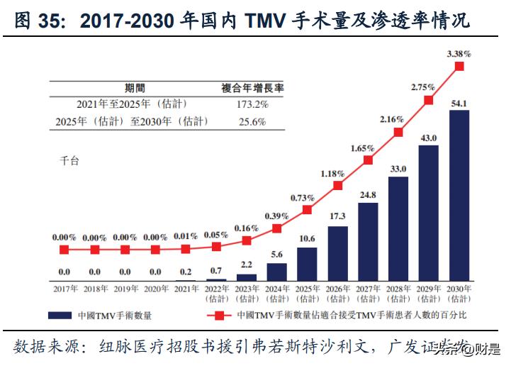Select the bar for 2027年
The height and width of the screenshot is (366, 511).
click(x=368, y=242)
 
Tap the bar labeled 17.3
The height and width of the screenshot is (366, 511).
click(x=337, y=254)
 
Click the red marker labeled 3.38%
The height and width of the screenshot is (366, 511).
click(x=459, y=67)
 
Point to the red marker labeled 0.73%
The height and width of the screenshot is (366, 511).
click(x=307, y=210)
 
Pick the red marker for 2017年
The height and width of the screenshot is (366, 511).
click(x=64, y=250)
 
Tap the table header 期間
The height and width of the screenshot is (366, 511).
click(x=135, y=88)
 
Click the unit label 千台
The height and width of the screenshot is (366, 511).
click(x=68, y=161)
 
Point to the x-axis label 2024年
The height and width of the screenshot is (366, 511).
click(x=276, y=289)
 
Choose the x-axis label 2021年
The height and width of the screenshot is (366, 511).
click(x=185, y=289)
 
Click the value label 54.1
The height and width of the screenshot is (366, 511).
click(x=459, y=104)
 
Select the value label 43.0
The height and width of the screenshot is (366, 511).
click(x=429, y=138)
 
